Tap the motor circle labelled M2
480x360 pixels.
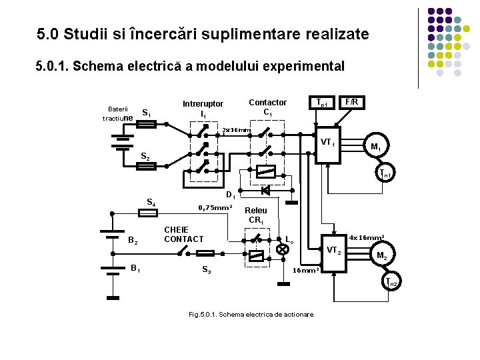(381, 255)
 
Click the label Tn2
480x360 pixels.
(391, 283)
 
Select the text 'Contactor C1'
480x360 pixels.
(267, 107)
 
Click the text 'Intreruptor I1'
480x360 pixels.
(203, 109)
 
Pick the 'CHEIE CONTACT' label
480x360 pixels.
(183, 234)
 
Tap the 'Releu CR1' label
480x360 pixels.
(257, 215)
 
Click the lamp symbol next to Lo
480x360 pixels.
(282, 249)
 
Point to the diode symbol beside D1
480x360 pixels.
(264, 190)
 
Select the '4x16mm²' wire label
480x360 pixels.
(367, 237)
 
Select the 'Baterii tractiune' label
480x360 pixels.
(117, 113)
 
